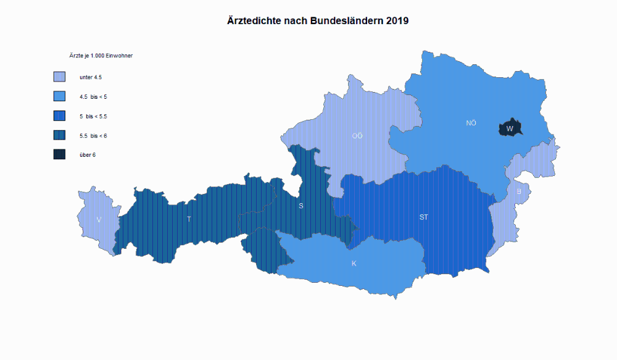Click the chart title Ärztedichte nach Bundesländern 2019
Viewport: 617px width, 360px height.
tap(318, 20)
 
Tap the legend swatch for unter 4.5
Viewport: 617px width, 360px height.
tap(59, 77)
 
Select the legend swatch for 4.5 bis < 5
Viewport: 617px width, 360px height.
tap(59, 96)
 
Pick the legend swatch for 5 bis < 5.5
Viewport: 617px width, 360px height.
tap(59, 116)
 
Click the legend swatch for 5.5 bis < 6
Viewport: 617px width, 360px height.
tap(59, 135)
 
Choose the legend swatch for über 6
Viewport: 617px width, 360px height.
tap(59, 154)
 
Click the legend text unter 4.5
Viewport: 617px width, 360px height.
tap(91, 77)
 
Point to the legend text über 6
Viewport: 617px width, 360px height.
tap(88, 154)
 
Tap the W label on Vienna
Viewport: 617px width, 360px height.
tap(510, 129)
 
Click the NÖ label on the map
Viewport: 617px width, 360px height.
tap(471, 123)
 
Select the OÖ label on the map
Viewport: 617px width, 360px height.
tap(357, 136)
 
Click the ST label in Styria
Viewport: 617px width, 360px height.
tap(424, 217)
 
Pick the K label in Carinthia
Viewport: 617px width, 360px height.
tap(354, 264)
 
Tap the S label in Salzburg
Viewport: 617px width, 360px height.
tap(301, 206)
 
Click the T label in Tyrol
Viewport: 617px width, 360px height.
tap(189, 219)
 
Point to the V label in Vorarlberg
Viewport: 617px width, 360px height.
tap(99, 220)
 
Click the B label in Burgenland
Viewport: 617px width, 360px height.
tap(519, 191)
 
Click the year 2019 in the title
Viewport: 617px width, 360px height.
tap(397, 20)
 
